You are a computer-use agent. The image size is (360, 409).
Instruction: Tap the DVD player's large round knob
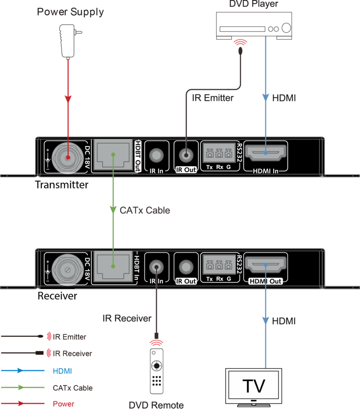[x=286, y=27]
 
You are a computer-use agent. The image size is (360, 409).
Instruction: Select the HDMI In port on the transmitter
[x=265, y=153]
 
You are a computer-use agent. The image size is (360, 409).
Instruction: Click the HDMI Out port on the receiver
[x=265, y=264]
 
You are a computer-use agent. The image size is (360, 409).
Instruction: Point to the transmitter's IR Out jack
[x=186, y=155]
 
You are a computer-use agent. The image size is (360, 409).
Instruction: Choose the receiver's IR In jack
[x=157, y=267]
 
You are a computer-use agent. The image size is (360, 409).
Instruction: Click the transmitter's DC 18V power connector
[x=68, y=158]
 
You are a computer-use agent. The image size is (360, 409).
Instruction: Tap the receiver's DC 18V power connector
[x=68, y=269]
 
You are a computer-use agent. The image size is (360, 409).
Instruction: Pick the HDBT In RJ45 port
[x=113, y=266]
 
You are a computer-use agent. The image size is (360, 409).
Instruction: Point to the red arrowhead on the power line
[x=68, y=99]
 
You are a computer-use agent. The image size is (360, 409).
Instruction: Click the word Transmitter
[x=62, y=185]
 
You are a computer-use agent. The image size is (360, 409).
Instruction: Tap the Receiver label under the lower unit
[x=57, y=296]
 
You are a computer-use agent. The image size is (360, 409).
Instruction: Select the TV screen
[x=254, y=386]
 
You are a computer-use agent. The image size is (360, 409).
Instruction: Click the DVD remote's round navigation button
[x=157, y=366]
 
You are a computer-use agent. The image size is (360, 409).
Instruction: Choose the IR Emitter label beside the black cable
[x=213, y=98]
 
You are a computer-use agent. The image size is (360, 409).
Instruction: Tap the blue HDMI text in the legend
[x=62, y=371]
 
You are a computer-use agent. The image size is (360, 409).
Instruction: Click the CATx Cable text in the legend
[x=73, y=388]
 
